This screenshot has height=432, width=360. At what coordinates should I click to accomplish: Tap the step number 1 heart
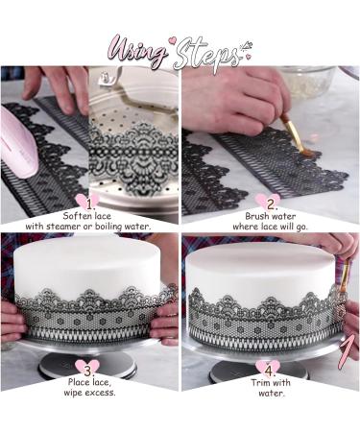click(90, 204)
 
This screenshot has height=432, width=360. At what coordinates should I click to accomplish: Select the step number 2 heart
click(272, 204)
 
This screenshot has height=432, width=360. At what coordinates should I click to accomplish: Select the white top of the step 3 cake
click(91, 252)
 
